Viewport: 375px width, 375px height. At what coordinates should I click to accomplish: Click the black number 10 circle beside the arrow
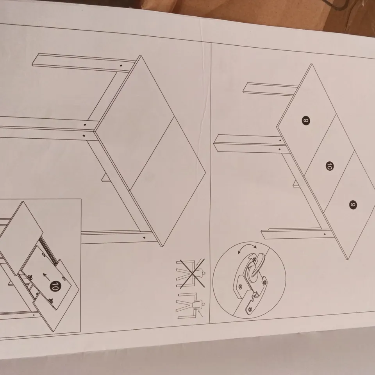coord(55,286)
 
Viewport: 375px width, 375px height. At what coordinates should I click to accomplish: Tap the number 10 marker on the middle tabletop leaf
coord(330,166)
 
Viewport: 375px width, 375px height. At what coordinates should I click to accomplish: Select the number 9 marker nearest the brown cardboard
coord(306,121)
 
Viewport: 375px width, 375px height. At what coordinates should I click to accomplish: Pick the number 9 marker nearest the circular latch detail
coord(353,204)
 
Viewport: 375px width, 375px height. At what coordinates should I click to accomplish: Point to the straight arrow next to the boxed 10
coord(46,277)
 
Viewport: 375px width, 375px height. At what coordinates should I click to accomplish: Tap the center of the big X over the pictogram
coord(192,273)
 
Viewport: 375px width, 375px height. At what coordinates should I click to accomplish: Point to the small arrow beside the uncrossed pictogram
coord(201,314)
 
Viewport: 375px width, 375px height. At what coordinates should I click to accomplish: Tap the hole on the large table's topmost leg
coord(121,65)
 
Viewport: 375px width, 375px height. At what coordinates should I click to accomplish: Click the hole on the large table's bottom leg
coord(144,238)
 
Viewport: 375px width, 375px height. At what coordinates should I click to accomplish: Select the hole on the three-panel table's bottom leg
coord(325,234)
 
